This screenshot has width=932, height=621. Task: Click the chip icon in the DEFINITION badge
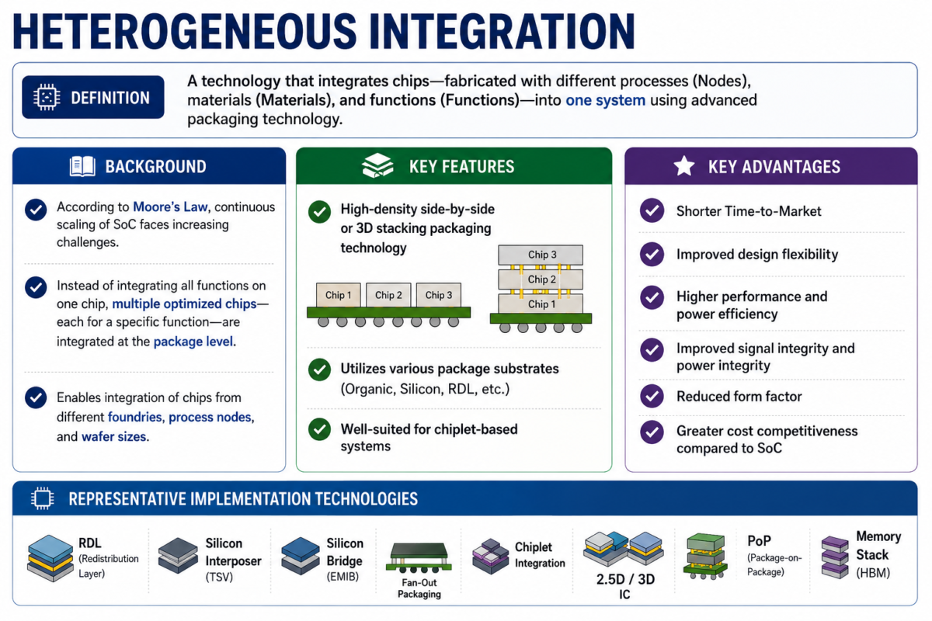click(47, 97)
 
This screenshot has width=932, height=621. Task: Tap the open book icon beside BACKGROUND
click(82, 166)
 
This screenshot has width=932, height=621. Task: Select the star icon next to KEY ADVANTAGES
click(684, 166)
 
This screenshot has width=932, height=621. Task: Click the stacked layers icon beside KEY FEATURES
click(377, 165)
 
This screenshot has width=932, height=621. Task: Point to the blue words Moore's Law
click(170, 206)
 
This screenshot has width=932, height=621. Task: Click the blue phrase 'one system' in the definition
click(605, 100)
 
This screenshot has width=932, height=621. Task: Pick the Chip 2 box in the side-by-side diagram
click(388, 295)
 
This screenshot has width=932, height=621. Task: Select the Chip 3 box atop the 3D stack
click(541, 255)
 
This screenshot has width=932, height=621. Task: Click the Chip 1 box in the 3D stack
click(541, 304)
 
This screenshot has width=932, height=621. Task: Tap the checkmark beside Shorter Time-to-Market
click(652, 210)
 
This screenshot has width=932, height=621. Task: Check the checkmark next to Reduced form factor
click(652, 396)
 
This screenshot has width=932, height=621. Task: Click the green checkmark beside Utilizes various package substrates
click(319, 369)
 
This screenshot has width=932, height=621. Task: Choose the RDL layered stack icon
click(50, 558)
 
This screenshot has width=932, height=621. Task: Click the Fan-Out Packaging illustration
click(419, 558)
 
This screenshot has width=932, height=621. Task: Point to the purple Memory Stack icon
click(835, 557)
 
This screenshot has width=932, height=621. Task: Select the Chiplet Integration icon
click(491, 557)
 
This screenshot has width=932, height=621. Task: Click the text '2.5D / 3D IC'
click(625, 587)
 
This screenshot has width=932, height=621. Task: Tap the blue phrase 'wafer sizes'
click(114, 437)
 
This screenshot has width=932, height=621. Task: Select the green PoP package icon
click(705, 557)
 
